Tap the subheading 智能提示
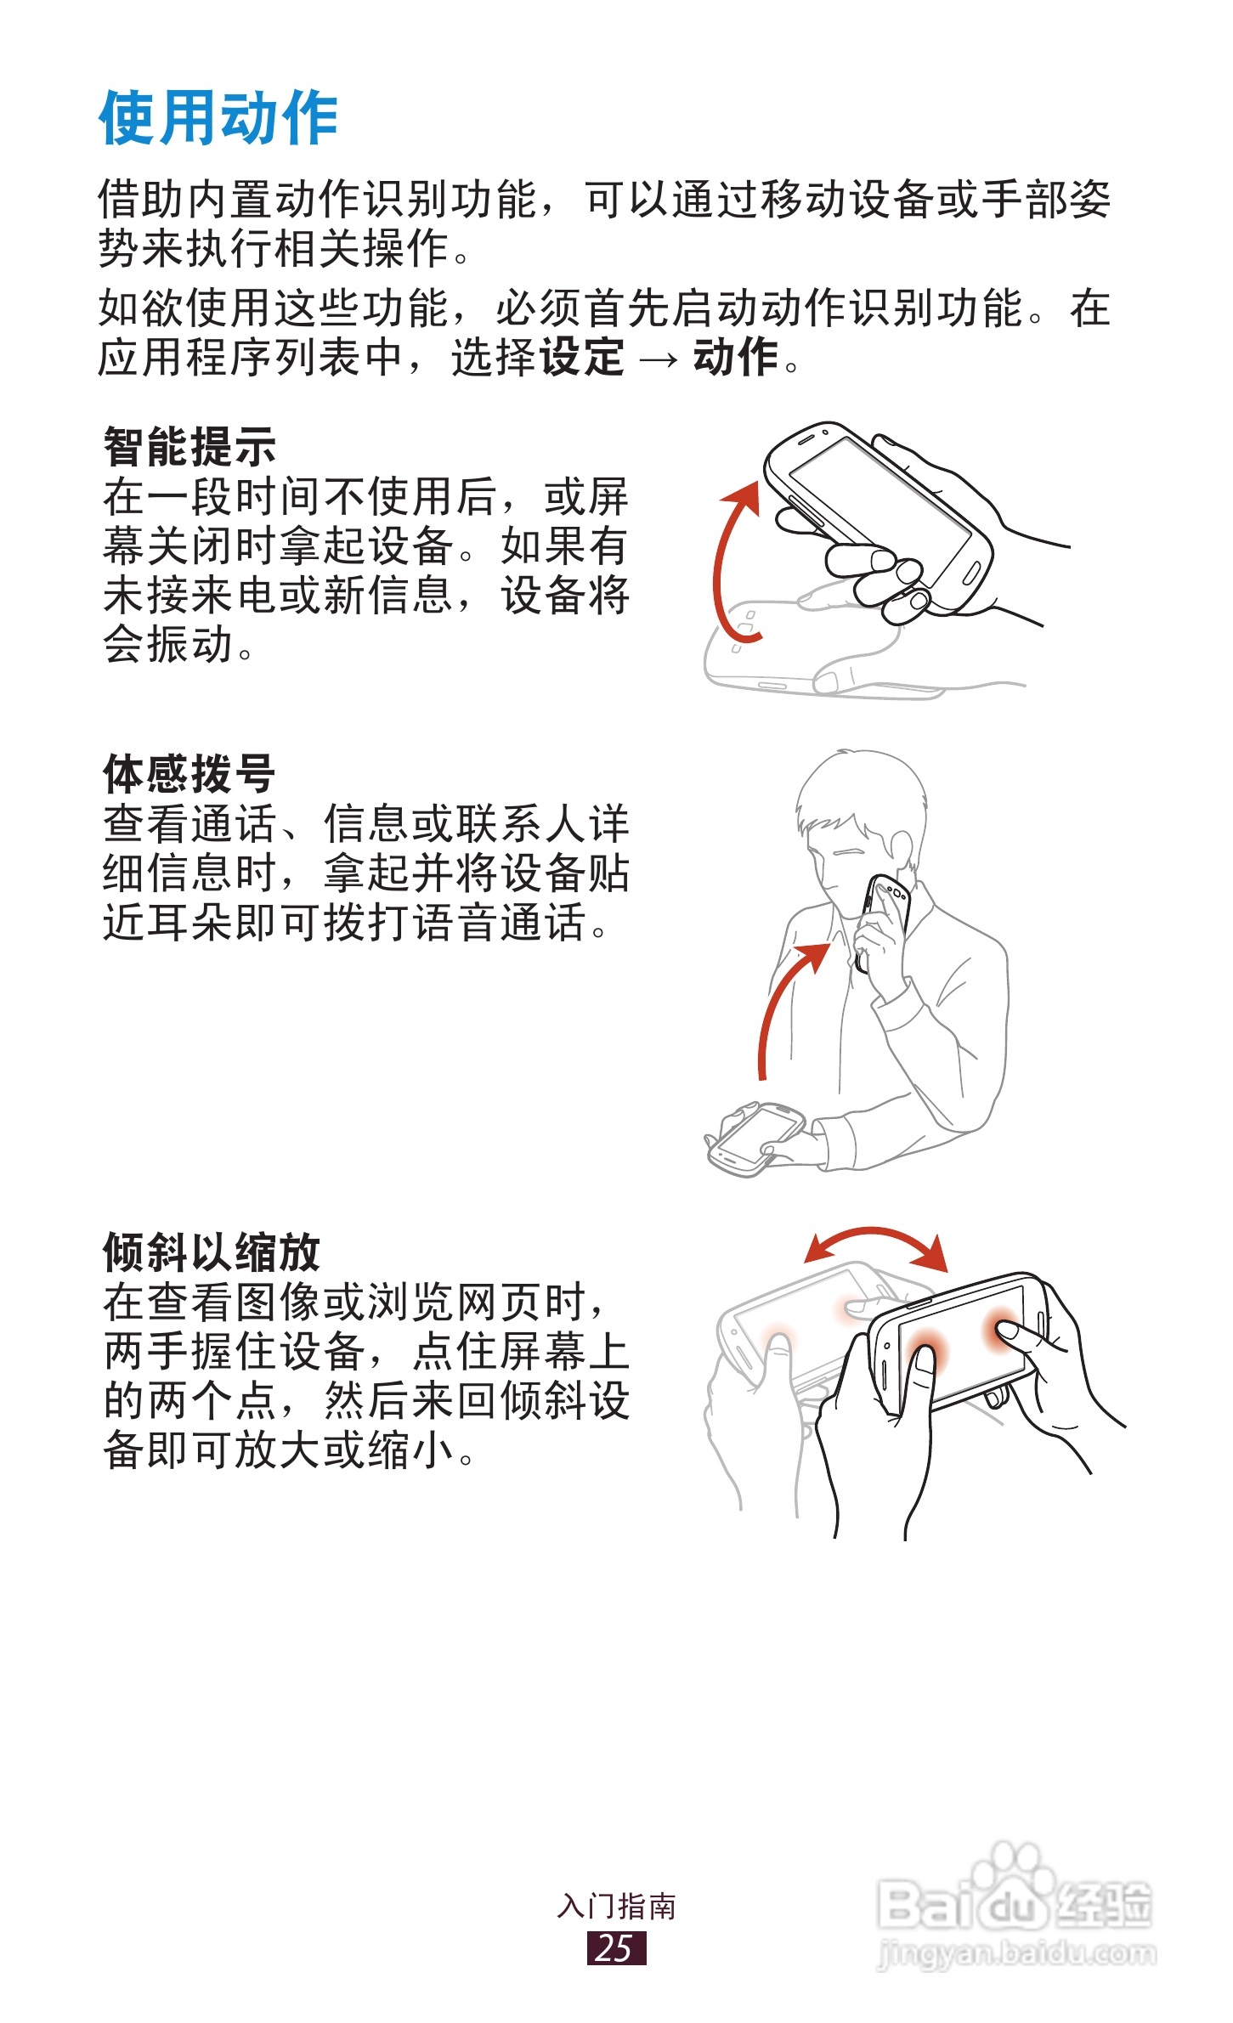189,447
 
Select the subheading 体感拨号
189,773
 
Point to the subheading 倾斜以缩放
212,1252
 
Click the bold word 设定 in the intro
582,357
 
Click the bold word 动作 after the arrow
736,357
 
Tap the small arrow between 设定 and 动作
659,360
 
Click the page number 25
616,1948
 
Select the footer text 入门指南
616,1907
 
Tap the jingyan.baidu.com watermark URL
1016,1953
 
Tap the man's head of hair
860,790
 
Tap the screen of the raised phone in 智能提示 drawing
880,510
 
